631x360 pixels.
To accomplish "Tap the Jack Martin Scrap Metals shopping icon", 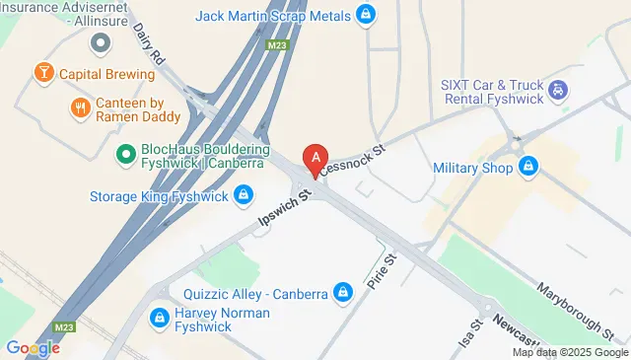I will click(x=366, y=15).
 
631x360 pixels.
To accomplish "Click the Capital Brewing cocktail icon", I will click(x=43, y=72).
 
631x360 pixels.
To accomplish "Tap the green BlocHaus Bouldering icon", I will click(x=125, y=153).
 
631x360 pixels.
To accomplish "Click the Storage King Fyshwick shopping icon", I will click(x=242, y=195).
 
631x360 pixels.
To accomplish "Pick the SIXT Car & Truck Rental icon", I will click(x=556, y=91).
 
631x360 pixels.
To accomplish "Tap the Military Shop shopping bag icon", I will click(x=529, y=167).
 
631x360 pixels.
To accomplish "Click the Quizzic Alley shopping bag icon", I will click(x=343, y=293).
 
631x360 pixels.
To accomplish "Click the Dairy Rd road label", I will click(x=150, y=43).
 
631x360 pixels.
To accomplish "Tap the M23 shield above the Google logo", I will click(x=62, y=325).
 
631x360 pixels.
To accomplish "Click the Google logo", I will click(x=32, y=347).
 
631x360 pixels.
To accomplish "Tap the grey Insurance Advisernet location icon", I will click(x=100, y=42).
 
